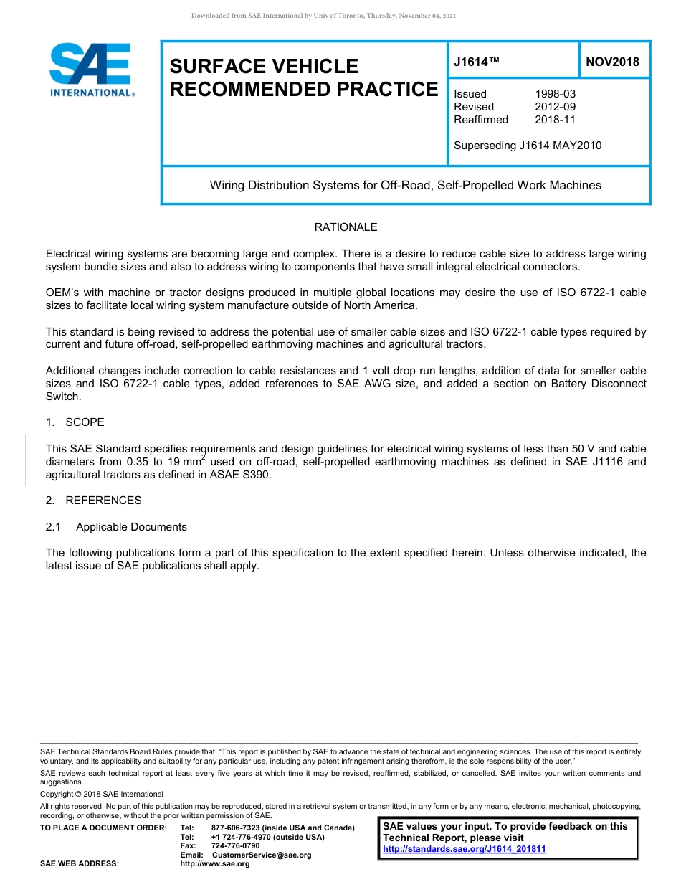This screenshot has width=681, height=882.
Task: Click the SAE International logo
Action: pyautogui.click(x=91, y=70)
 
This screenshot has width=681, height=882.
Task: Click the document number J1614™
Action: pyautogui.click(x=476, y=62)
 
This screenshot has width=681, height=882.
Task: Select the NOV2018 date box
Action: pyautogui.click(x=612, y=62)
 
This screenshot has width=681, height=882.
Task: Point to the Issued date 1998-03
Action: pyautogui.click(x=555, y=94)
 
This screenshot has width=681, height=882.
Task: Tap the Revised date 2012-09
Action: pyautogui.click(x=555, y=107)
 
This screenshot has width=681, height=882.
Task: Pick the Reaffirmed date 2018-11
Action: pyautogui.click(x=555, y=120)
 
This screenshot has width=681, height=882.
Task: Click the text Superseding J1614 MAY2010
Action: pyautogui.click(x=528, y=146)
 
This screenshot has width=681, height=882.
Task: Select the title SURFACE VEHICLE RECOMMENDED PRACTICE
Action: pyautogui.click(x=303, y=77)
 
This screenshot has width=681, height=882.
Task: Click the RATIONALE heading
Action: pyautogui.click(x=346, y=227)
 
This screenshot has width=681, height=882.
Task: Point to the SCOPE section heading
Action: pyautogui.click(x=85, y=422)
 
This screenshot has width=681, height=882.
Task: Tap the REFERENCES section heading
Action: pyautogui.click(x=103, y=501)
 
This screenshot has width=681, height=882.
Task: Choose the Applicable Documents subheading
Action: pyautogui.click(x=131, y=527)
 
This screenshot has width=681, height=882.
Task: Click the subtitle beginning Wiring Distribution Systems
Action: pyautogui.click(x=405, y=185)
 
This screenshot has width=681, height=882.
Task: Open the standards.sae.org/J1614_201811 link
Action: pyautogui.click(x=465, y=849)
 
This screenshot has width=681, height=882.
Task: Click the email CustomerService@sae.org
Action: pyautogui.click(x=262, y=855)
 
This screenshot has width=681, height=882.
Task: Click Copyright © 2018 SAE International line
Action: pyautogui.click(x=102, y=794)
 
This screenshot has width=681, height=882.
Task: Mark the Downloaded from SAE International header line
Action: pyautogui.click(x=323, y=16)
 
